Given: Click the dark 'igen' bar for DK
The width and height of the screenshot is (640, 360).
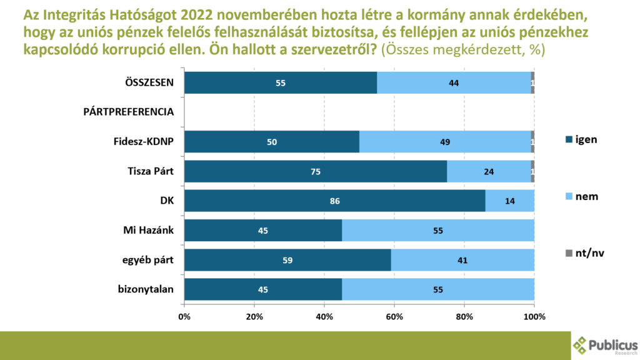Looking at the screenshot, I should (x=334, y=201).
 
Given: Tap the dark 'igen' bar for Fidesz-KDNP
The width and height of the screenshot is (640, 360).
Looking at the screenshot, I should (x=271, y=142).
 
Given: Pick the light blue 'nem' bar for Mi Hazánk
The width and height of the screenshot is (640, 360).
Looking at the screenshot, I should (x=437, y=231).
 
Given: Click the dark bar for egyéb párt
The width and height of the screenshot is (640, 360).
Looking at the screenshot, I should (x=287, y=260).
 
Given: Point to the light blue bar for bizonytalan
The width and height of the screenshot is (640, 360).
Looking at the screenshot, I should (x=437, y=289).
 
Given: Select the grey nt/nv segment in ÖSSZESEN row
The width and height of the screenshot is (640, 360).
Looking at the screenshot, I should (x=532, y=82).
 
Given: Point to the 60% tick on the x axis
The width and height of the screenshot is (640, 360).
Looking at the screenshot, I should (x=394, y=316).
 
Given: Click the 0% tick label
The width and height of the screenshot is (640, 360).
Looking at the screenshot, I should (x=184, y=316).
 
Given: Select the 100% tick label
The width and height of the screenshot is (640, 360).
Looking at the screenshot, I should (x=534, y=316).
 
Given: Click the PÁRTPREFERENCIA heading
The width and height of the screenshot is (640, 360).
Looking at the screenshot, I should (x=128, y=112).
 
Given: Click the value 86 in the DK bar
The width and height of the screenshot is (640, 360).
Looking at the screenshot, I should (x=334, y=201).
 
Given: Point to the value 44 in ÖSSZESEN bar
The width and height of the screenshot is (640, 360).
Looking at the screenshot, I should (x=454, y=82).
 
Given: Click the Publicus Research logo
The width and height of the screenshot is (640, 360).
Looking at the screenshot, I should (x=604, y=346).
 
